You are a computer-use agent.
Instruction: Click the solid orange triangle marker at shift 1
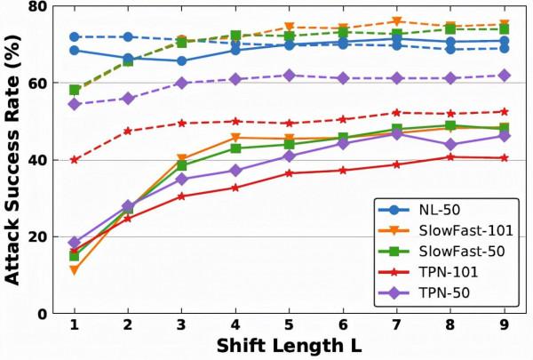pyautogui.click(x=75, y=270)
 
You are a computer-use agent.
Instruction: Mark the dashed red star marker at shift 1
pyautogui.click(x=75, y=160)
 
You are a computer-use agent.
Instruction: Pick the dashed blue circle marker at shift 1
pyautogui.click(x=75, y=37)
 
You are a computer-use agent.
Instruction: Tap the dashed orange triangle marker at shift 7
pyautogui.click(x=397, y=21)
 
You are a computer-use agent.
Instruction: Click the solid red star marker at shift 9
pyautogui.click(x=505, y=158)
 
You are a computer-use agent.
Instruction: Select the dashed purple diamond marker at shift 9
pyautogui.click(x=505, y=76)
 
